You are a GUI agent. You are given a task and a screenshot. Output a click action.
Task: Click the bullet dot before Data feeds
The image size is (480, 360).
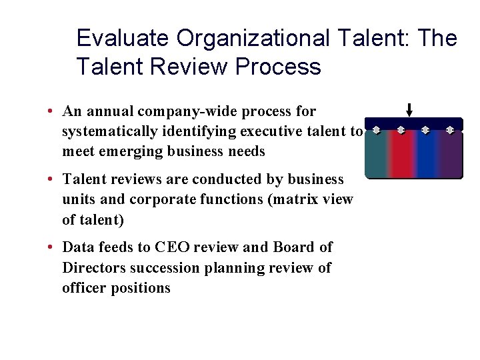click(x=51, y=247)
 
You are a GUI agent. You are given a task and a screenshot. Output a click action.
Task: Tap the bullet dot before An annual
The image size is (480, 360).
click(x=51, y=111)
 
